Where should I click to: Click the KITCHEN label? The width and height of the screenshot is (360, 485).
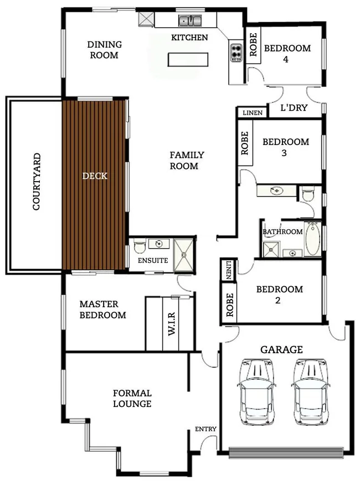click(x=189, y=38)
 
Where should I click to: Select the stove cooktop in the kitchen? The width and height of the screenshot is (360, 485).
click(x=235, y=52)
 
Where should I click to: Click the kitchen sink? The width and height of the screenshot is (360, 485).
click(x=190, y=21)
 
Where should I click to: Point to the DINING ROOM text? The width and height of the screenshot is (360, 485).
click(x=104, y=49)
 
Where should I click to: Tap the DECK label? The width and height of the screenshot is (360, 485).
click(x=94, y=176)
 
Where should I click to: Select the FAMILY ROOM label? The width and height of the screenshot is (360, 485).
click(x=187, y=161)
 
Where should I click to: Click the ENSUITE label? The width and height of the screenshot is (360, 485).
click(x=152, y=260)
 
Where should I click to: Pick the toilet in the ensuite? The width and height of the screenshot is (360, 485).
click(x=139, y=244)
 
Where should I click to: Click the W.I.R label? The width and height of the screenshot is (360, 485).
click(x=171, y=323)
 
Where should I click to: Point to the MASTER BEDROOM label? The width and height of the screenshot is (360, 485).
click(x=102, y=309)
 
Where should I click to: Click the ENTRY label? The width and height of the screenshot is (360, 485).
click(x=205, y=429)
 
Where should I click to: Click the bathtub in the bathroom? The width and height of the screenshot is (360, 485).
click(x=312, y=239)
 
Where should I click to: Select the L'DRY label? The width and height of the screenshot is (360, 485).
click(x=294, y=108)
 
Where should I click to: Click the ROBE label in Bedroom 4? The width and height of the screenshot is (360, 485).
click(x=253, y=47)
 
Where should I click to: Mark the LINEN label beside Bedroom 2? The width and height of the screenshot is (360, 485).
click(x=229, y=270)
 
